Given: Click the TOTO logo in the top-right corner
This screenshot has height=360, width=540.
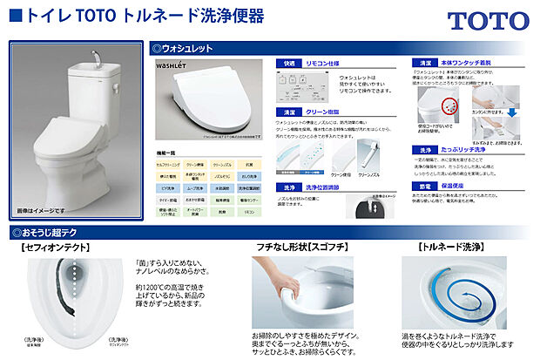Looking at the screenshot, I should point(488,22).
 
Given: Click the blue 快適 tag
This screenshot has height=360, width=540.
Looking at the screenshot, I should point(287,64).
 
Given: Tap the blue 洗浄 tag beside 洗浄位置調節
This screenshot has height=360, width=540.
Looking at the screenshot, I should point(287,187).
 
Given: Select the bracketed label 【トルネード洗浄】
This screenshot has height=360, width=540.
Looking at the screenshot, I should point(457,248).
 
